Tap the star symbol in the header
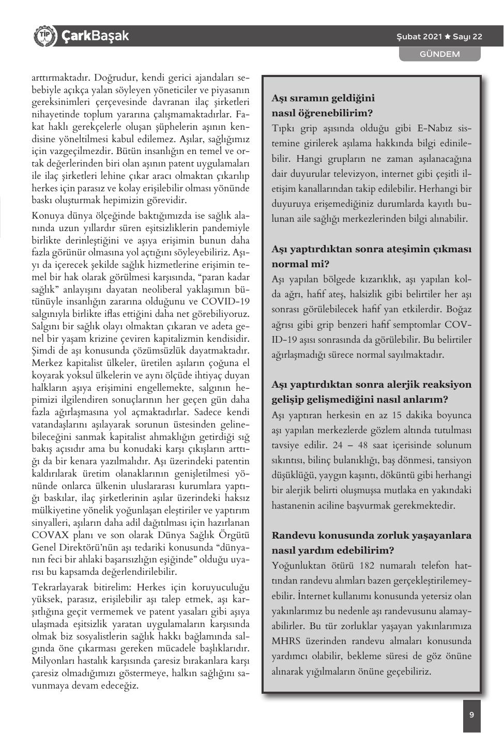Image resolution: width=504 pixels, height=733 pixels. click(x=448, y=37)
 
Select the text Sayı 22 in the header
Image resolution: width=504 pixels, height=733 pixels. click(x=467, y=37)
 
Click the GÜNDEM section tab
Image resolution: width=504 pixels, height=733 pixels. click(x=439, y=54)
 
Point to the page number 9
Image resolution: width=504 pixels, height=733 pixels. click(x=471, y=715)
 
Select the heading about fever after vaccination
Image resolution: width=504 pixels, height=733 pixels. click(x=371, y=256)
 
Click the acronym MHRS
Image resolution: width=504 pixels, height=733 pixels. click(x=286, y=641)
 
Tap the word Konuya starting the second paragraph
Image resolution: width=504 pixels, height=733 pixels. click(x=48, y=216)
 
